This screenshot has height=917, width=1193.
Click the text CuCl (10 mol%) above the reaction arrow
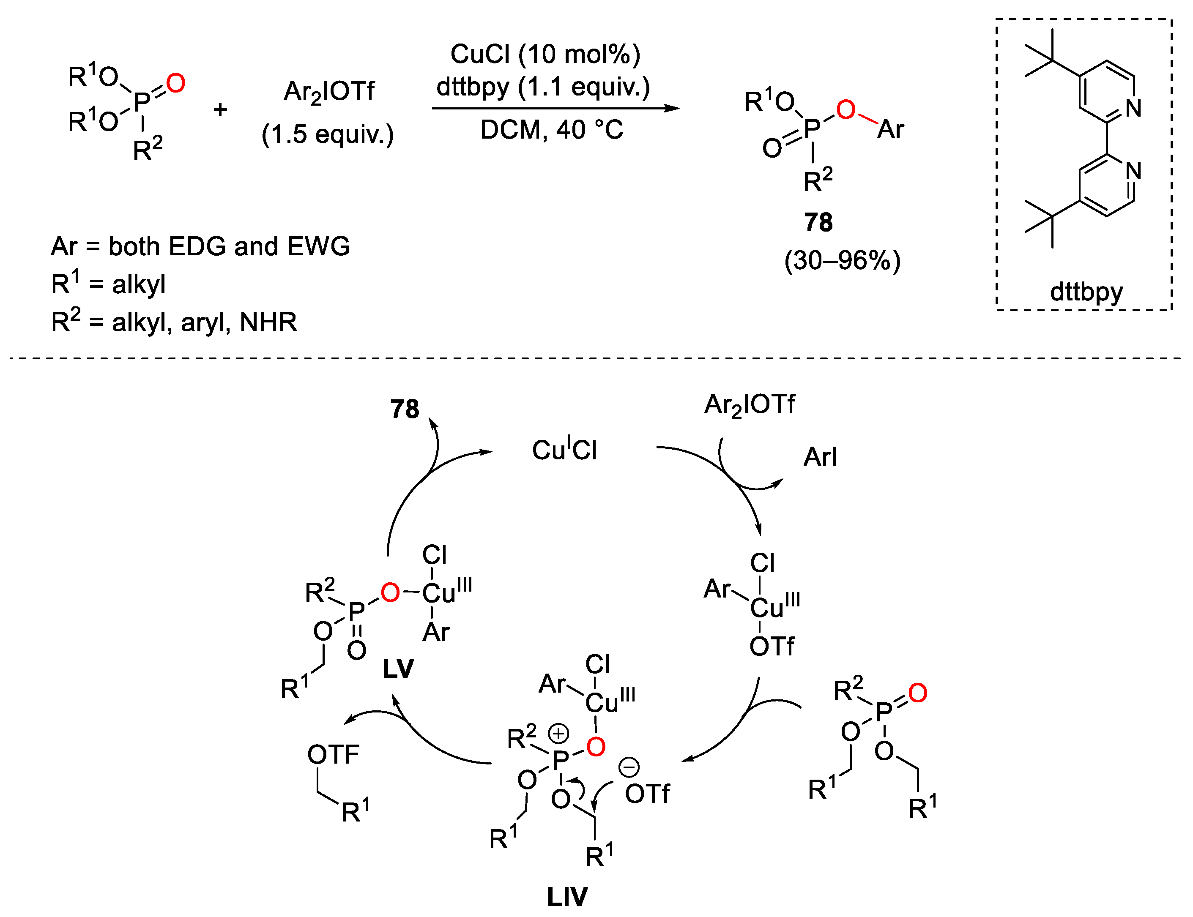tap(545, 55)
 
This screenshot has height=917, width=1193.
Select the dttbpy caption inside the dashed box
tap(1086, 292)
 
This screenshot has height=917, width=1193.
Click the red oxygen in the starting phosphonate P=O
tap(176, 84)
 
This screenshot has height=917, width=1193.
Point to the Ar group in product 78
tap(890, 130)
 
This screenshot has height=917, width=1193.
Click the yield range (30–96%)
tap(842, 260)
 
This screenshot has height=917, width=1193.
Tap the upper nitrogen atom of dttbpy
tap(1133, 109)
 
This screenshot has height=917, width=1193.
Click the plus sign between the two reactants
tap(220, 110)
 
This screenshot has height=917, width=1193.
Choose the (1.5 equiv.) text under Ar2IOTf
tap(328, 134)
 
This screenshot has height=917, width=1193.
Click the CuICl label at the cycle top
tap(564, 450)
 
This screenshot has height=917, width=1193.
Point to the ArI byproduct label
tap(820, 457)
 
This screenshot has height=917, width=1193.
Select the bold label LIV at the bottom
tap(567, 896)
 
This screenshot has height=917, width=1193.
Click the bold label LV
tap(398, 669)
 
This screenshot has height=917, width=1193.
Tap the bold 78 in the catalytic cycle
tap(405, 409)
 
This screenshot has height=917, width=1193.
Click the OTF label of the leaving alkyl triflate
tap(333, 755)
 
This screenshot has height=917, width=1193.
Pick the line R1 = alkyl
tap(108, 284)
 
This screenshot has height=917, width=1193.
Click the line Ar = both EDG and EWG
tap(200, 247)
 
